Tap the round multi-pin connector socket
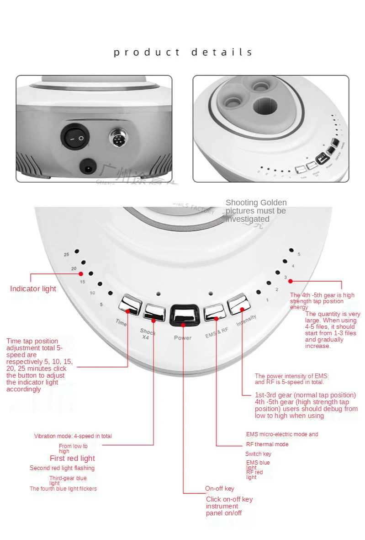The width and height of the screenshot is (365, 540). point(118,138)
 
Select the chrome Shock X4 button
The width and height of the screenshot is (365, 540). point(154,311)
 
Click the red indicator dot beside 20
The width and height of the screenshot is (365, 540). point(81,273)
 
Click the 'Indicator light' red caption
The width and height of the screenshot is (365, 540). point(33,289)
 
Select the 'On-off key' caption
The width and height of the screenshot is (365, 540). point(220,489)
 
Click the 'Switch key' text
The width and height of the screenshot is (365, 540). point(258,454)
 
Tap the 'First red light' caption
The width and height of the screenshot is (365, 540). point(72,459)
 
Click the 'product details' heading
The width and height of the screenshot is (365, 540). point(183,52)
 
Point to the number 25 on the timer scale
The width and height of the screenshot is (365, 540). point(66,254)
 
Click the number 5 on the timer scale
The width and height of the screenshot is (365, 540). point(101,305)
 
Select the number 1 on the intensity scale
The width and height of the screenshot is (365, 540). point(267,300)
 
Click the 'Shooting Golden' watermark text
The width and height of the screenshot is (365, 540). point(256,203)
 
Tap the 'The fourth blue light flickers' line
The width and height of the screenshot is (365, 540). point(63,489)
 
